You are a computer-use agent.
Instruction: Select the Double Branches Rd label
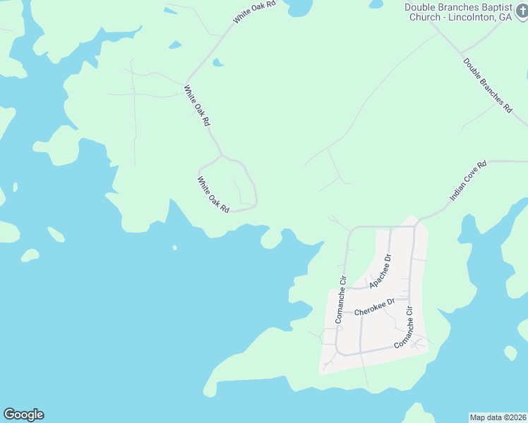(488, 86)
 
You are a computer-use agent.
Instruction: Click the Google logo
(23, 415)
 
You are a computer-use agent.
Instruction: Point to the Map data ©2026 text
(498, 417)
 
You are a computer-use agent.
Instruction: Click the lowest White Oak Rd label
(213, 195)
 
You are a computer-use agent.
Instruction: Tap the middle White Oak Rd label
(197, 106)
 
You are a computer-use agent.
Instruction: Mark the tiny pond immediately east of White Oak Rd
(218, 63)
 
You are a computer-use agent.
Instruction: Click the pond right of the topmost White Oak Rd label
(296, 7)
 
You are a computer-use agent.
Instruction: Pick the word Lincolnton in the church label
(466, 18)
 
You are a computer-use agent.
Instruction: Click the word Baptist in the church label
(486, 7)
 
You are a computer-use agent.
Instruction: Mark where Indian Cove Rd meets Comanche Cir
(416, 225)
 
